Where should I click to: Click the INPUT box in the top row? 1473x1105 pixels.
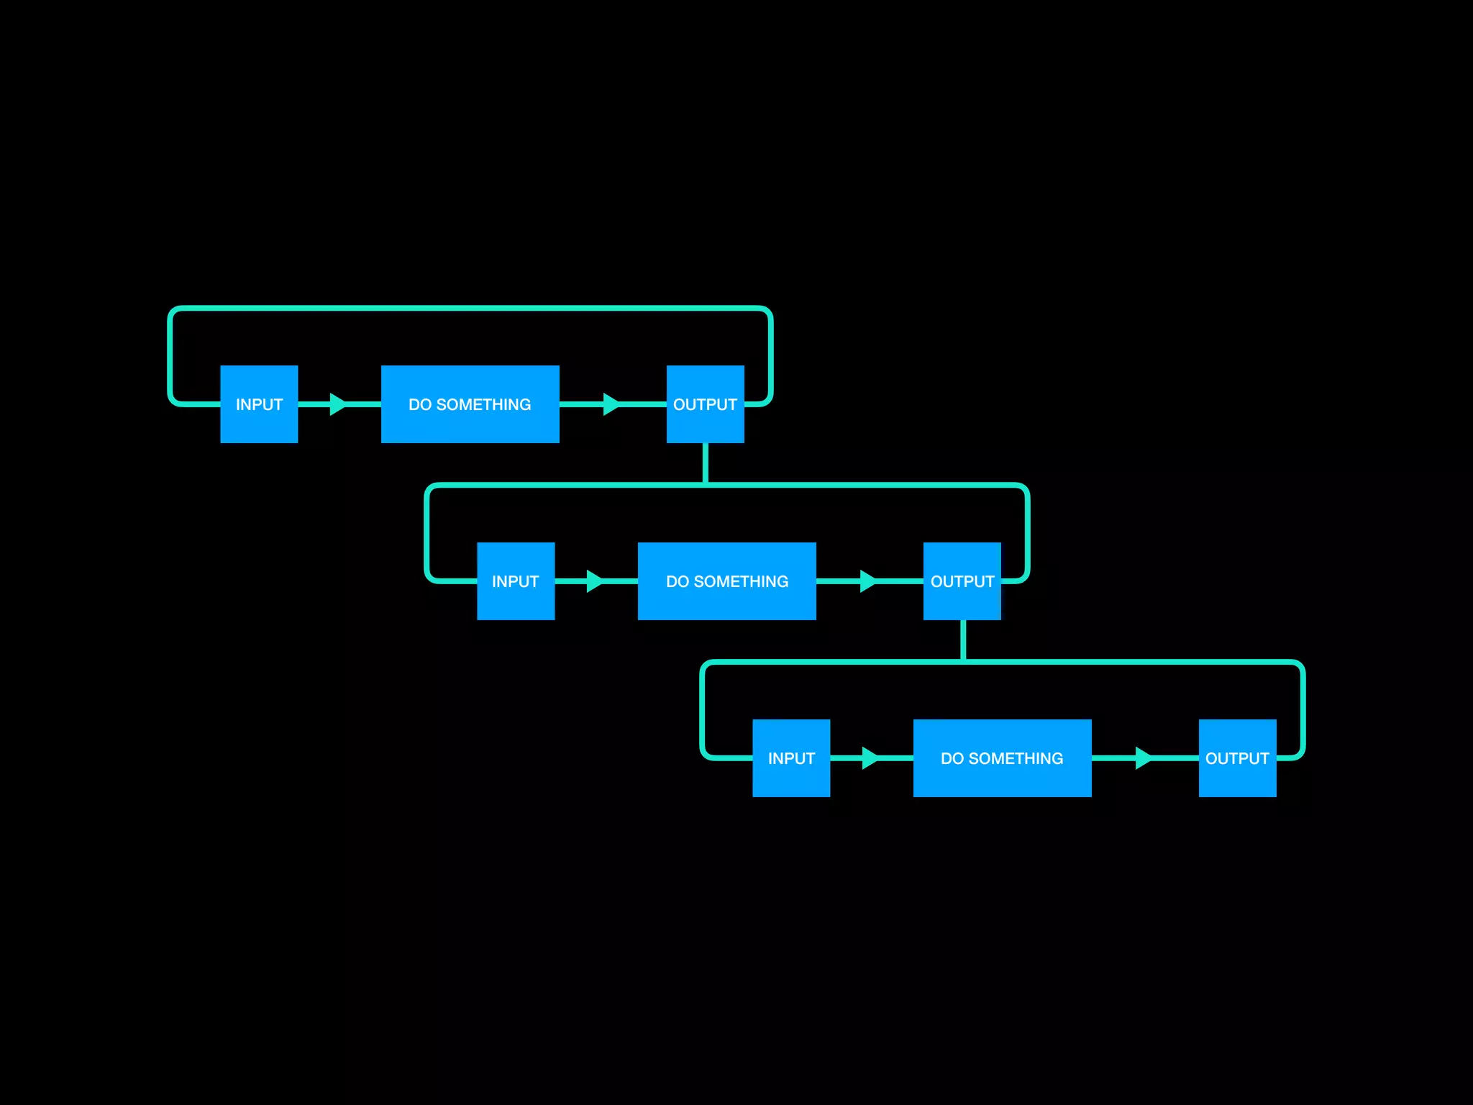tap(259, 404)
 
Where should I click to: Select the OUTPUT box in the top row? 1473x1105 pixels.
tap(705, 404)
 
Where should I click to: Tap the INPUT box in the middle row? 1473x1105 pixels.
tap(516, 581)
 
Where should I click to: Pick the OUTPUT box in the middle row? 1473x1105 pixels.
tap(962, 581)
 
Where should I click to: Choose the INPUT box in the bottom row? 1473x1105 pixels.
tap(791, 758)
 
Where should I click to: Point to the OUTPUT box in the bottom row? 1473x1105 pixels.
tap(1237, 758)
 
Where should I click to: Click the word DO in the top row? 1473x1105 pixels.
tap(420, 405)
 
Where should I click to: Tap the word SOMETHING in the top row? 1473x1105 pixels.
tap(484, 405)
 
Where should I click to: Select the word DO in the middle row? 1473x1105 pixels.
tap(678, 582)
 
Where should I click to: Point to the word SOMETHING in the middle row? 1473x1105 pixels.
tap(742, 582)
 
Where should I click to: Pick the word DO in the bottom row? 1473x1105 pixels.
tap(952, 759)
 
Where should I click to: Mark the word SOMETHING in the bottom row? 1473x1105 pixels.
tap(1016, 759)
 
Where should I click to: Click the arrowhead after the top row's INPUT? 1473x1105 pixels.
tap(337, 404)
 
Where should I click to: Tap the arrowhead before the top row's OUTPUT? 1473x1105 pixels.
tap(611, 404)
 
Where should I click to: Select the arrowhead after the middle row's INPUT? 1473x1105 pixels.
tap(594, 581)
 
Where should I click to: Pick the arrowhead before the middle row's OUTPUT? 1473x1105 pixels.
tap(867, 581)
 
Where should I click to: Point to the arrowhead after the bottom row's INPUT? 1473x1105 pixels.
tap(870, 758)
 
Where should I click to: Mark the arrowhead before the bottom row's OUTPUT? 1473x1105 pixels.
tap(1143, 758)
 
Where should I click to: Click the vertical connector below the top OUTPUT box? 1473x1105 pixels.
tap(705, 463)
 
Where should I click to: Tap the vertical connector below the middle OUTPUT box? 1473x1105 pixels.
tap(962, 640)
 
